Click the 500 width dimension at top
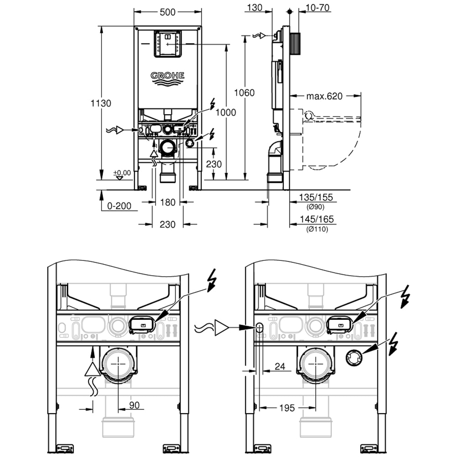(168, 12)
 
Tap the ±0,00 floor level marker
(122, 173)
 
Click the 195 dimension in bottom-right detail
(287, 407)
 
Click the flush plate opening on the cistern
(168, 44)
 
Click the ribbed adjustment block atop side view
(295, 43)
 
